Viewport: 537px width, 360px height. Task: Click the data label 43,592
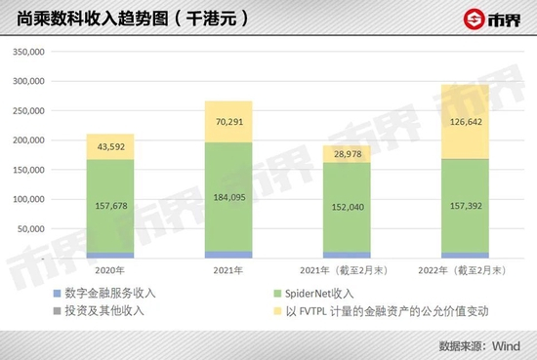[110, 146]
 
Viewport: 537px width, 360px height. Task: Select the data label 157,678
[110, 206]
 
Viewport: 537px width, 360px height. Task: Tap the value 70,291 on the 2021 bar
[227, 123]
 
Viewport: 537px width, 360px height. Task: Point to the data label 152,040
[347, 207]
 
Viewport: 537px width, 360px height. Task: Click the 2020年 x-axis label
[110, 269]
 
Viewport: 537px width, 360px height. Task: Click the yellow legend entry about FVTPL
[395, 311]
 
